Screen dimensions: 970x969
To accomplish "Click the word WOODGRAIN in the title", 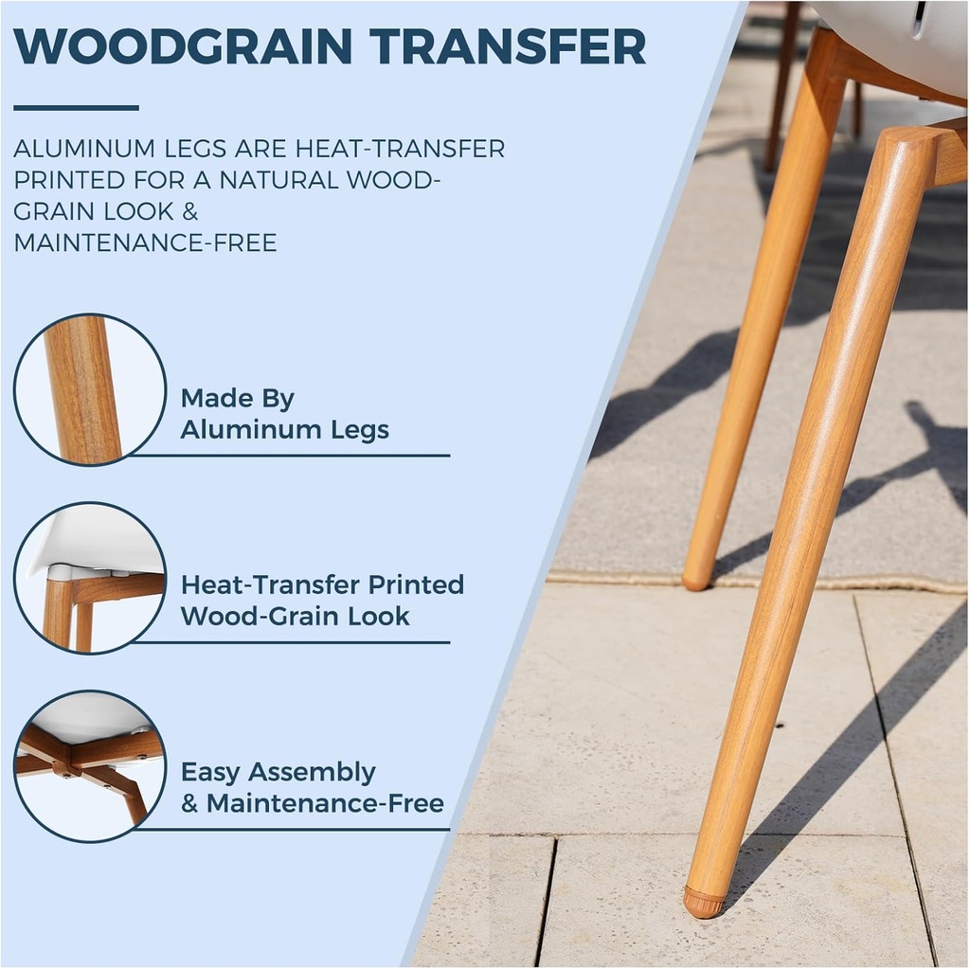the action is [183, 45].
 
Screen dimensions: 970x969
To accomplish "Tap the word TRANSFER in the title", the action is [509, 45].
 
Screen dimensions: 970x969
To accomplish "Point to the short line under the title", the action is [76, 108].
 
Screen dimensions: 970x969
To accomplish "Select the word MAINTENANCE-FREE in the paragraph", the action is [145, 242].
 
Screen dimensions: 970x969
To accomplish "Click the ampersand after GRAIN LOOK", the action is [189, 211].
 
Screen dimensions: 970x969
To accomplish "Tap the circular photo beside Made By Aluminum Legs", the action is [90, 390].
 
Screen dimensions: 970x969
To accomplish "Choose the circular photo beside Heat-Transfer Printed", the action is [90, 578].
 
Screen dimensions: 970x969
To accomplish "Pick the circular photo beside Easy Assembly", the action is [90, 766].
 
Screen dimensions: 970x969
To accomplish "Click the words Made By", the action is [238, 399].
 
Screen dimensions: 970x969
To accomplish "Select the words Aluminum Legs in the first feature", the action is [284, 429].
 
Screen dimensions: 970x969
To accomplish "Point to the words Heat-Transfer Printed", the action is [322, 584].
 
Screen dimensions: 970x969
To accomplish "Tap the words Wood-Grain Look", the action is [296, 617].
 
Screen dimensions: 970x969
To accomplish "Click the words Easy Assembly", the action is [278, 773].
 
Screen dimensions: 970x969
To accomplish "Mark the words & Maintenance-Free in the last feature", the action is [313, 803].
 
